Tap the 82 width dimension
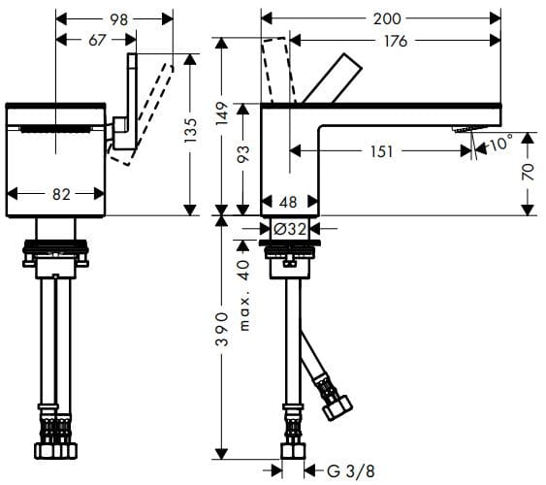click(59, 194)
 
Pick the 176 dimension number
click(394, 40)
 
